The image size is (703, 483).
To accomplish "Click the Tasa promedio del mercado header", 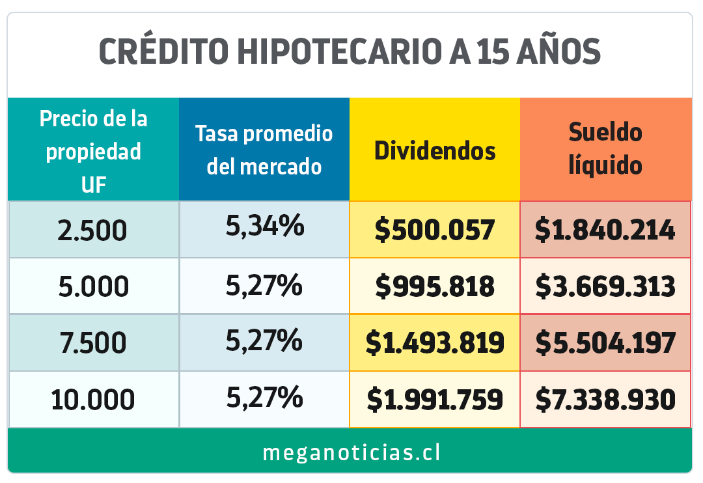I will coord(264,150).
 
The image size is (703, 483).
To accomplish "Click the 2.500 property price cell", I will coord(93,230).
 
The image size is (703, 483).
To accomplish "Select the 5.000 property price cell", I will coord(93,287).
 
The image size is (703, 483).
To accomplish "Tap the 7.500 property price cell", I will coord(93,343).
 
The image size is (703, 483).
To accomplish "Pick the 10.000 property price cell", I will coord(93,399).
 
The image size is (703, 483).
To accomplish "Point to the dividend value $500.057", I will coord(435,230).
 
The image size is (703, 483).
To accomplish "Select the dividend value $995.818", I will coord(435,287).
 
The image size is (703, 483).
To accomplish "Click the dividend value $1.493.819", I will coord(435,343).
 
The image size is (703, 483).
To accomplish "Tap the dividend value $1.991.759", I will coord(435,399).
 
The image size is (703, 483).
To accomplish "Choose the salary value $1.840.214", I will coord(605,230).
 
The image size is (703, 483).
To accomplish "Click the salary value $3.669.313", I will coord(605,287).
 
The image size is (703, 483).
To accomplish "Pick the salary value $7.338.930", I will coord(605,399).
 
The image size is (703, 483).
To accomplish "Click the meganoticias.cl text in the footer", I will coord(351,452).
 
